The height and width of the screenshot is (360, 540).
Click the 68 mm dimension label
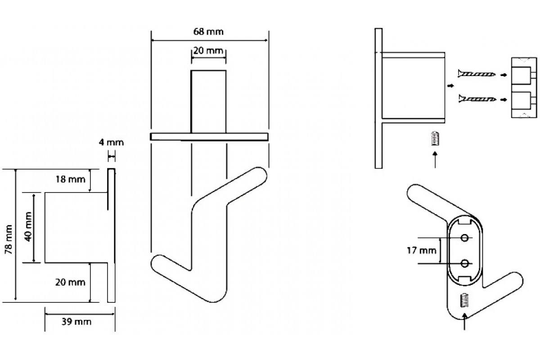tap(208, 31)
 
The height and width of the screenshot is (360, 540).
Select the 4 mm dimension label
tap(111, 142)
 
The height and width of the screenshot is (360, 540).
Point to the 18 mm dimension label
tap(70, 179)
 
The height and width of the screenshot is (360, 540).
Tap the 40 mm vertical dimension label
tap(28, 226)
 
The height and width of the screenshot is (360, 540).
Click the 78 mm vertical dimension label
tap(9, 239)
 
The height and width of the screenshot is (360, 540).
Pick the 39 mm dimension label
tap(76, 321)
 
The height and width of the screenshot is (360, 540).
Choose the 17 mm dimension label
tap(422, 251)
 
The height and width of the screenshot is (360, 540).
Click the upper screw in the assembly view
tap(477, 73)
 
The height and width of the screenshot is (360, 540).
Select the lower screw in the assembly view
tap(477, 99)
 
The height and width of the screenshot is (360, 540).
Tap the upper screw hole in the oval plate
tap(464, 238)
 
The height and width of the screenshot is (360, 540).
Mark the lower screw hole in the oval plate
tap(464, 263)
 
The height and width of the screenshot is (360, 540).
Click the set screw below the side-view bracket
tap(435, 139)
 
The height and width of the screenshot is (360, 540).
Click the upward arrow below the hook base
tap(464, 321)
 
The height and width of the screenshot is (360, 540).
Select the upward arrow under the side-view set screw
tap(435, 160)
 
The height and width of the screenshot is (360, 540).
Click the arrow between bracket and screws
tap(450, 86)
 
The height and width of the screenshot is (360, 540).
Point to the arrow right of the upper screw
tap(504, 75)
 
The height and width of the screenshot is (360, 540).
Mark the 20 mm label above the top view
tap(208, 51)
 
